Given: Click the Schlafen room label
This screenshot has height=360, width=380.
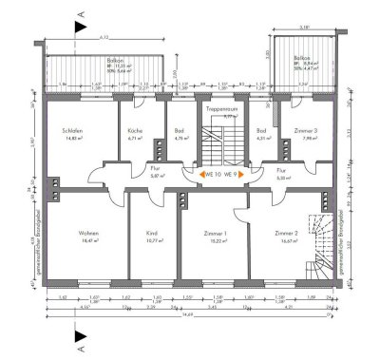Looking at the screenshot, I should (x=68, y=133).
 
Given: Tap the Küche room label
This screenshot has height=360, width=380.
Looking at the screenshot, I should (x=134, y=133).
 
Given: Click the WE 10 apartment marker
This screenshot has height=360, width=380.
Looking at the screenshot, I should (x=211, y=174).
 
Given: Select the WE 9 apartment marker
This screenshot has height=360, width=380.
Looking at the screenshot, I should (x=231, y=174).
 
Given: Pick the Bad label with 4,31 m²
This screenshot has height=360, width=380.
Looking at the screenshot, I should (x=260, y=132).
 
